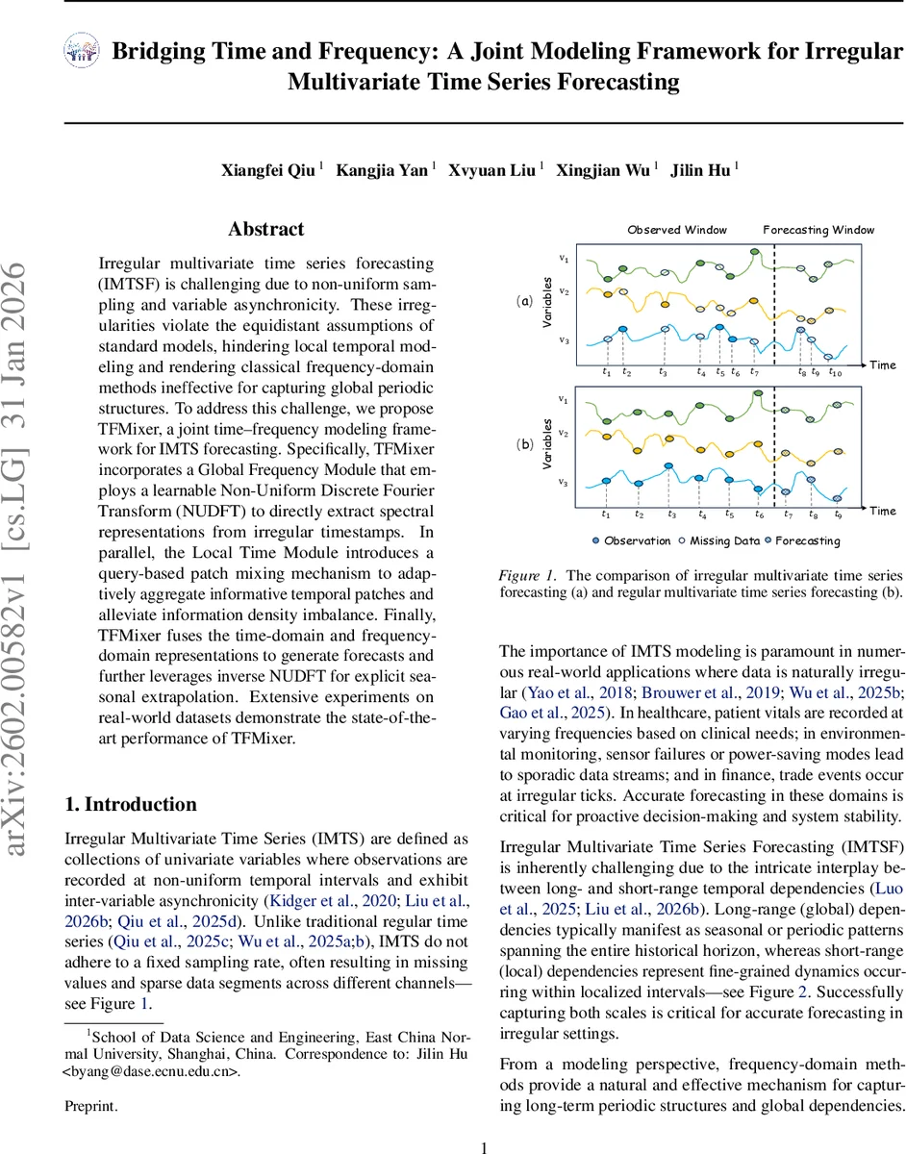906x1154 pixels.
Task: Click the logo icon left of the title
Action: coord(81,52)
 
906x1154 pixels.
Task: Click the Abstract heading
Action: coord(265,230)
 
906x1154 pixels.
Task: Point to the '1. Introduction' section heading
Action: coord(130,778)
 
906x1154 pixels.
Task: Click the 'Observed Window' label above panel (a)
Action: coord(678,230)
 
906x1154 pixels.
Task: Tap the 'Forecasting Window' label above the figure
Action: coord(818,230)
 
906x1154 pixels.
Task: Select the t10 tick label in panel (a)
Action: coord(835,372)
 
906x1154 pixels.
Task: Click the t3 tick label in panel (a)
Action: coord(663,372)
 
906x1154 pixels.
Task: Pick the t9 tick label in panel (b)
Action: coord(838,514)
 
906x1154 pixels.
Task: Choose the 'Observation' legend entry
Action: coord(634,540)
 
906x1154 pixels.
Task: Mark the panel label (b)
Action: coord(525,444)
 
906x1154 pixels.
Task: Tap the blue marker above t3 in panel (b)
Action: coord(670,466)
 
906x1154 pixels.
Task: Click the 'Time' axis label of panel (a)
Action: coord(883,365)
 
